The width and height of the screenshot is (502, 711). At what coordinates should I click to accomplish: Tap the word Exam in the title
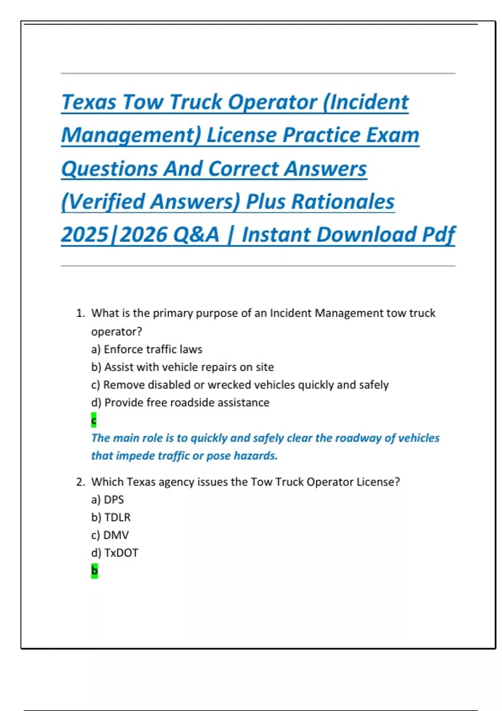[393, 135]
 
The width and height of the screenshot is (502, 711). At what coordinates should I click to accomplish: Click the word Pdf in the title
[438, 235]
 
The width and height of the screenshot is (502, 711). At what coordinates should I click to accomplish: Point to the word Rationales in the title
[343, 202]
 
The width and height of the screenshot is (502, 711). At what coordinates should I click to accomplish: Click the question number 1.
[80, 313]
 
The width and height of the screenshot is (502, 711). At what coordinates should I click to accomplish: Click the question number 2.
[80, 482]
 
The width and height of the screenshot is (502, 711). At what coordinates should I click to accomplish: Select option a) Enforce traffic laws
[146, 349]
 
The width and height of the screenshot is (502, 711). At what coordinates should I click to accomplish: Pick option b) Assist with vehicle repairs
[182, 367]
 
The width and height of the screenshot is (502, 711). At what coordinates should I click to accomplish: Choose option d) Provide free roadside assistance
[180, 403]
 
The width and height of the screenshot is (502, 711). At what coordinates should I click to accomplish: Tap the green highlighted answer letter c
[94, 420]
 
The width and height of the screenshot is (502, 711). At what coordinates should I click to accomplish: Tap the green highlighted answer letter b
[95, 570]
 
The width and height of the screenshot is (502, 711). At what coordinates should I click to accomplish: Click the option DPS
[114, 500]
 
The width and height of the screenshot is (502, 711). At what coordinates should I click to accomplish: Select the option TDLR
[117, 518]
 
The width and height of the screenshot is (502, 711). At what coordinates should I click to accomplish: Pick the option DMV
[116, 535]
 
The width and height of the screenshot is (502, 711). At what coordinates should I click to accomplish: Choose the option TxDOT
[121, 553]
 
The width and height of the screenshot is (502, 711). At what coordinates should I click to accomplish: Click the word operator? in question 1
[117, 332]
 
